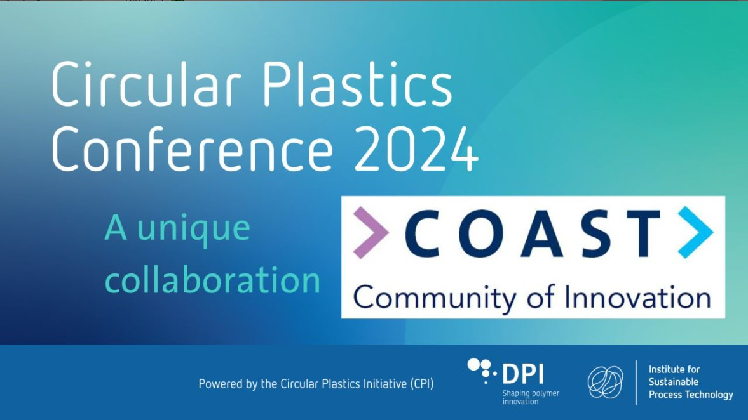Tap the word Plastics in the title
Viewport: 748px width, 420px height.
357,85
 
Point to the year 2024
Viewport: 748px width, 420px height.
416,148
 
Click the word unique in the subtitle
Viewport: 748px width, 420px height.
194,230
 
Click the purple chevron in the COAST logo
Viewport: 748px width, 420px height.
370,232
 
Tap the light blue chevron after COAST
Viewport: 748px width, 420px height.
695,232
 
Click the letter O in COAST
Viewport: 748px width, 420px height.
485,233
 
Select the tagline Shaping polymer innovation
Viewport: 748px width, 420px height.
531,397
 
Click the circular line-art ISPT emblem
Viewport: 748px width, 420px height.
605,382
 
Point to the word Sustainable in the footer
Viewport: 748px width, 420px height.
673,382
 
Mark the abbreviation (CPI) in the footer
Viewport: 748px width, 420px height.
422,384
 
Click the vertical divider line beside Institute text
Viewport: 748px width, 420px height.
636,383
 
